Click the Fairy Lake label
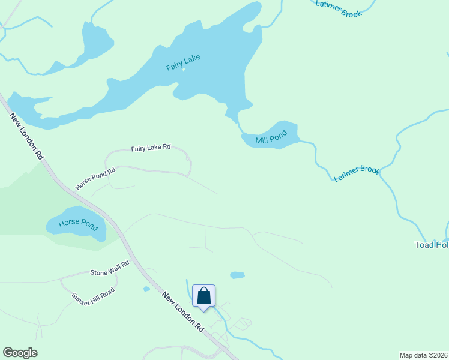183,62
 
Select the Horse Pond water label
78,225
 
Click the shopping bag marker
204,296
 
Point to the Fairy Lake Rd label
151,147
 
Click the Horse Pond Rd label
95,179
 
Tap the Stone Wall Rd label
110,268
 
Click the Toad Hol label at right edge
432,245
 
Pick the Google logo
20,353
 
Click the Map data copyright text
423,355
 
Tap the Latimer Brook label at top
339,8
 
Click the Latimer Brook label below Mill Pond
357,174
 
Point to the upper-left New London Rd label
28,136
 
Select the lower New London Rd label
184,312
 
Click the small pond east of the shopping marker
238,275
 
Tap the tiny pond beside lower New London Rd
146,289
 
